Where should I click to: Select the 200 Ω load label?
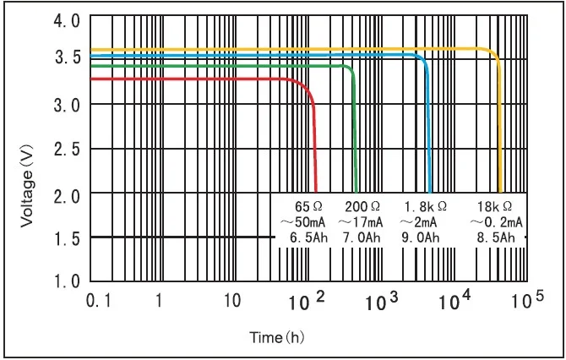click(362, 205)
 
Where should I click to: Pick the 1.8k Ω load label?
click(424, 205)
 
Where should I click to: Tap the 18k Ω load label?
click(494, 205)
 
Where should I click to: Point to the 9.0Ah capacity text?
click(422, 238)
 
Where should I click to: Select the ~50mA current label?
click(302, 221)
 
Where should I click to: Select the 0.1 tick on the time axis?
click(98, 300)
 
